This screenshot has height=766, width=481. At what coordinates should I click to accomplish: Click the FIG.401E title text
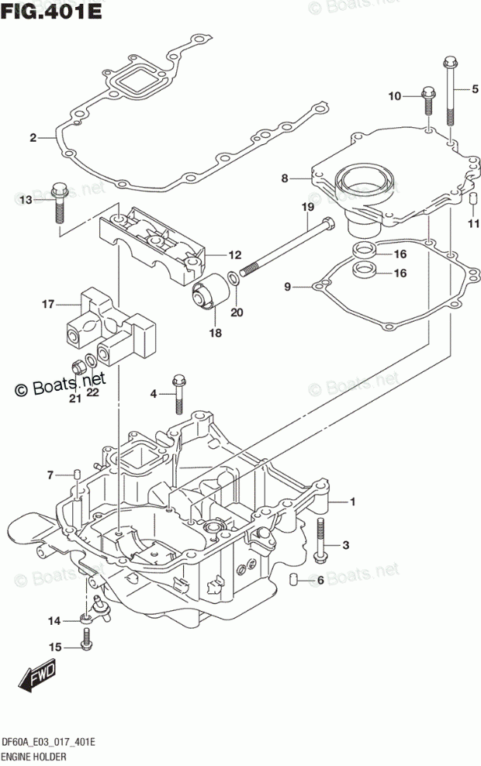[x=51, y=10]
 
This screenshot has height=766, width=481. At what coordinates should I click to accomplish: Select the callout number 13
[x=26, y=200]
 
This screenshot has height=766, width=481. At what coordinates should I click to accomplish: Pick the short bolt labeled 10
[x=427, y=101]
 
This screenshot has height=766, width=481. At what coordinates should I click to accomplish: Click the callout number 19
[x=307, y=207]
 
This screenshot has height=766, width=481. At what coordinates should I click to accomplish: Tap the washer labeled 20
[x=234, y=279]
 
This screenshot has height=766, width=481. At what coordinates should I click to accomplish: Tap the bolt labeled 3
[x=320, y=540]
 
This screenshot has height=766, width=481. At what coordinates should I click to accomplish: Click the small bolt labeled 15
[x=87, y=640]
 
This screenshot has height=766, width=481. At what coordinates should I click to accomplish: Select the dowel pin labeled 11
[x=472, y=199]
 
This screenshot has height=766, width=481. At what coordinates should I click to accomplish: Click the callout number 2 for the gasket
[x=33, y=138]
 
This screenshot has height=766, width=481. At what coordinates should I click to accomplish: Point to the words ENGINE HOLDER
[x=33, y=757]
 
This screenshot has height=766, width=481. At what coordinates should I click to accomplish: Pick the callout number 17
[x=48, y=305]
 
